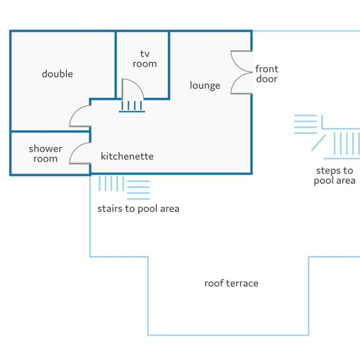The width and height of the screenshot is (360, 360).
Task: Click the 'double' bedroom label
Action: (x=57, y=74)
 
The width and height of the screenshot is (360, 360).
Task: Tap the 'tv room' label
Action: (x=145, y=59)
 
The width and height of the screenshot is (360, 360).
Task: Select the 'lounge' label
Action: (x=205, y=85)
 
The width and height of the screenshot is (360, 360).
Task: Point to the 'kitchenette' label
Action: (x=127, y=157)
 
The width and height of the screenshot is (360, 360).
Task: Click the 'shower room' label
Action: (x=45, y=154)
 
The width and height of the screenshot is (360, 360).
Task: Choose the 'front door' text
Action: (x=267, y=74)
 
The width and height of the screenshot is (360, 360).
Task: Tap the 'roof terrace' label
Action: (x=231, y=283)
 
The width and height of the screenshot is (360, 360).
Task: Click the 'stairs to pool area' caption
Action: (x=138, y=209)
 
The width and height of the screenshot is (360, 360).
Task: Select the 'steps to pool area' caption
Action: (x=335, y=175)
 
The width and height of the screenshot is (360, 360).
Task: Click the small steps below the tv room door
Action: (x=132, y=106)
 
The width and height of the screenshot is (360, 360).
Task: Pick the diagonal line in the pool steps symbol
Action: (x=318, y=143)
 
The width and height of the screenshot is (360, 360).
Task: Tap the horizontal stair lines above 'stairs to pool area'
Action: (x=138, y=190)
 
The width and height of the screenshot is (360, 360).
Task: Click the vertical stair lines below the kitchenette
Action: (x=112, y=183)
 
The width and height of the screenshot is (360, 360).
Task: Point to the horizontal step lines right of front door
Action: (x=305, y=124)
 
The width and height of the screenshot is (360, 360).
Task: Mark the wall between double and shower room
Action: (x=50, y=132)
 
